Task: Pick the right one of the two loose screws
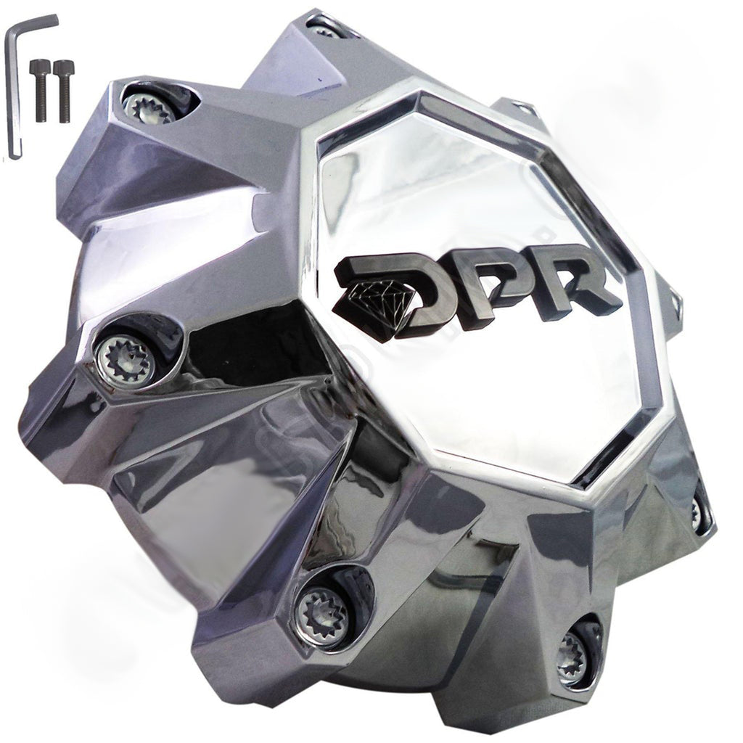[x=62, y=90]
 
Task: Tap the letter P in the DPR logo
[x=493, y=289]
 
